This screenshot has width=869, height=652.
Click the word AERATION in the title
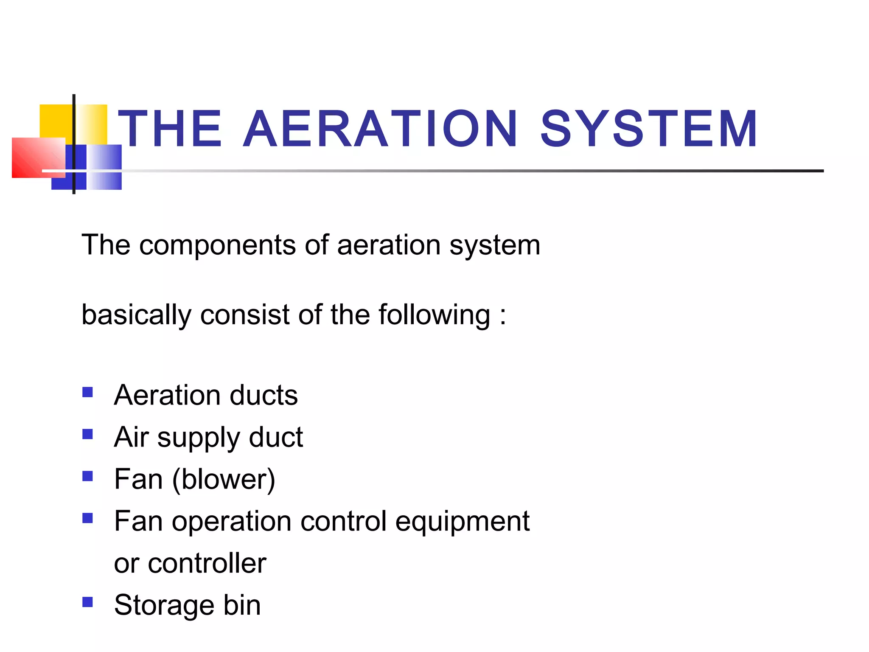pos(380,129)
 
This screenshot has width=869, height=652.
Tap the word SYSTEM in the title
pos(649,129)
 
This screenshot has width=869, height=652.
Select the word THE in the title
pos(170,129)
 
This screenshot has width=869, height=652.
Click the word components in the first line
pos(218,245)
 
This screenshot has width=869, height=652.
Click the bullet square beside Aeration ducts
pos(88,392)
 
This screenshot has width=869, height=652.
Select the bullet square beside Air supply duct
pos(88,434)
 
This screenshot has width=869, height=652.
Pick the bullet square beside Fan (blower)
pos(88,476)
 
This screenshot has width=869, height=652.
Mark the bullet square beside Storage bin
pos(88,602)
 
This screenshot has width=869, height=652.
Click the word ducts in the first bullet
pos(264,395)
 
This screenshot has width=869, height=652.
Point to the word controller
pos(207,563)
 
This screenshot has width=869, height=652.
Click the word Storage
pos(164,606)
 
